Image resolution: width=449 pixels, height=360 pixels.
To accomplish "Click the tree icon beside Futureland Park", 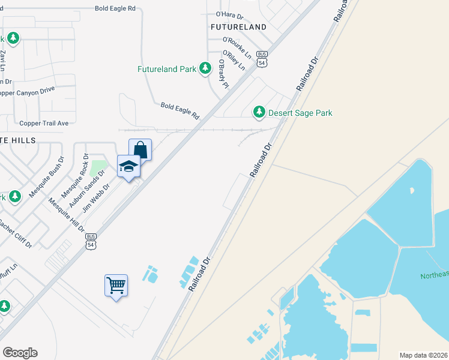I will point(206,69).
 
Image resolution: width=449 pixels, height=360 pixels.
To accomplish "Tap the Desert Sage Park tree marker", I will point(259,112).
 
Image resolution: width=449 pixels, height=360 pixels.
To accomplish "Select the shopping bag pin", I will point(140,150).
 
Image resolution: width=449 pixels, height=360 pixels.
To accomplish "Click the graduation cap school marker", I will point(128,167).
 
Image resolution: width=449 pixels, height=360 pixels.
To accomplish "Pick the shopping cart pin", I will point(116,285).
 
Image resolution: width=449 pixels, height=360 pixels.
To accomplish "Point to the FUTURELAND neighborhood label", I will point(238,27).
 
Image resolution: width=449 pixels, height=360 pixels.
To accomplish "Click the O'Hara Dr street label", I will point(229,14).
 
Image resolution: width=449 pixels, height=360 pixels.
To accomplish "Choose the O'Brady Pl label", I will point(223,73).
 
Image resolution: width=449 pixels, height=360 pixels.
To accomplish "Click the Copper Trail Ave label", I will point(44,123).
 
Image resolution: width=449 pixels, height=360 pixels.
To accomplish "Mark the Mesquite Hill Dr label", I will point(67,215).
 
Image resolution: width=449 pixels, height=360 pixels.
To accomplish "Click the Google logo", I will point(20,353).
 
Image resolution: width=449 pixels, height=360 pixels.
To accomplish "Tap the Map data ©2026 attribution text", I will point(424,355).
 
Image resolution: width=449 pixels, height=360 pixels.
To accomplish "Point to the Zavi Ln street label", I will point(3,61).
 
